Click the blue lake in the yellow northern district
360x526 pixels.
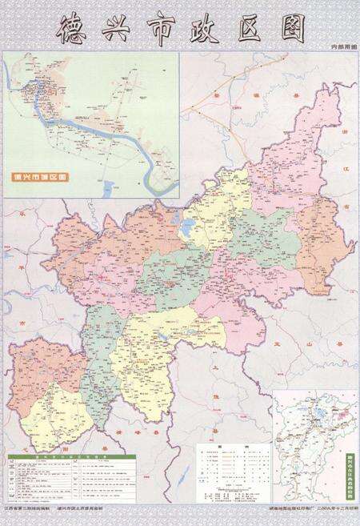(x=186, y=229)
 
